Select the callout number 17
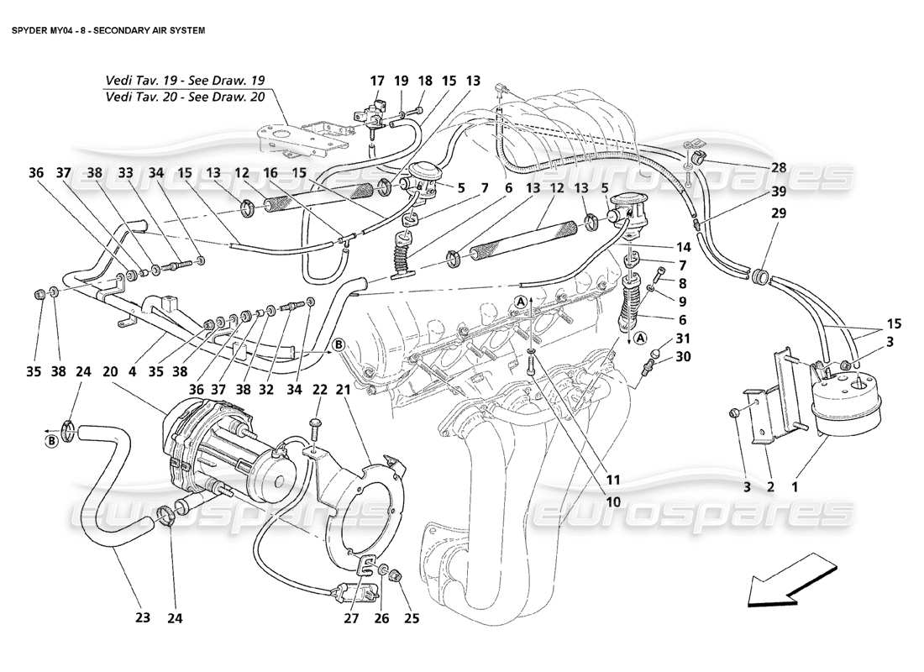click(x=376, y=81)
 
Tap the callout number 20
click(x=110, y=370)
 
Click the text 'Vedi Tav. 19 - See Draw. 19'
click(x=185, y=81)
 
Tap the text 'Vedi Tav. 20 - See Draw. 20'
click(x=185, y=97)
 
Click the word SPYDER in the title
click(x=30, y=28)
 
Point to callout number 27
click(x=351, y=618)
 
